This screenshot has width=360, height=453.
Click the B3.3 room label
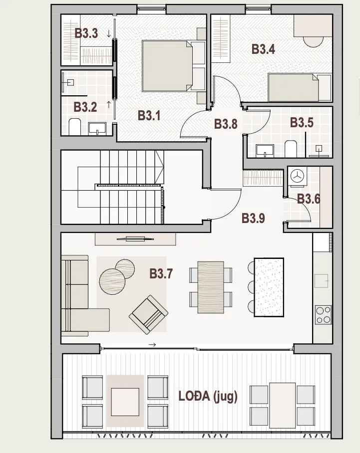click(x=86, y=33)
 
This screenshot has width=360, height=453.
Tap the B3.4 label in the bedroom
click(x=263, y=49)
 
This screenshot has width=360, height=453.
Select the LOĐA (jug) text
click(x=208, y=396)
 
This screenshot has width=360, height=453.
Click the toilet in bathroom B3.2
click(x=75, y=126)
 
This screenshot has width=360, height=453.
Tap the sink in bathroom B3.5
click(x=265, y=151)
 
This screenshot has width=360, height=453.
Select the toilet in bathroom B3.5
click(x=291, y=149)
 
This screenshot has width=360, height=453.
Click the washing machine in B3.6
click(x=297, y=176)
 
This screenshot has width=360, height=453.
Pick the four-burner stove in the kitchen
click(x=323, y=315)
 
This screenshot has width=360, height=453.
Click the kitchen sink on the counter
click(x=322, y=281)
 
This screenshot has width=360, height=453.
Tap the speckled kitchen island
click(x=269, y=287)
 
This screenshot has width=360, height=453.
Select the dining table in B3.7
click(x=211, y=287)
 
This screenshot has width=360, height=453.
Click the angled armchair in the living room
click(x=148, y=315)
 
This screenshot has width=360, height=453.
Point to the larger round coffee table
click(x=112, y=282)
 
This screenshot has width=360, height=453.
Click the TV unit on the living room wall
click(x=135, y=239)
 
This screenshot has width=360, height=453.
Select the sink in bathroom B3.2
click(x=97, y=129)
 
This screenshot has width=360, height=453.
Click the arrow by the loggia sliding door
click(x=152, y=344)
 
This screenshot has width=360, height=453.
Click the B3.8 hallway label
click(x=226, y=124)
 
